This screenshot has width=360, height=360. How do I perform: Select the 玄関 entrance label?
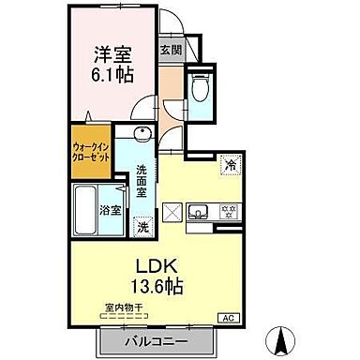pyautogui.click(x=171, y=50)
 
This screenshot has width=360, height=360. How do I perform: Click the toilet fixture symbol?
pyautogui.click(x=199, y=87)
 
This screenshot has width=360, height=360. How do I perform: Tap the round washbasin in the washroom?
pyautogui.click(x=141, y=134)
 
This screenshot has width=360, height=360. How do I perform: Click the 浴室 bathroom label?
pyautogui.click(x=110, y=210)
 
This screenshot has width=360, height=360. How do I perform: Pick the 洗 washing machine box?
pyautogui.click(x=142, y=226)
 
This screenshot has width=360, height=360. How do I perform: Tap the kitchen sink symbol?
pyautogui.click(x=200, y=211)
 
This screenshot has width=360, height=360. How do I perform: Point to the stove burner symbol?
pyautogui.click(x=227, y=211)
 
